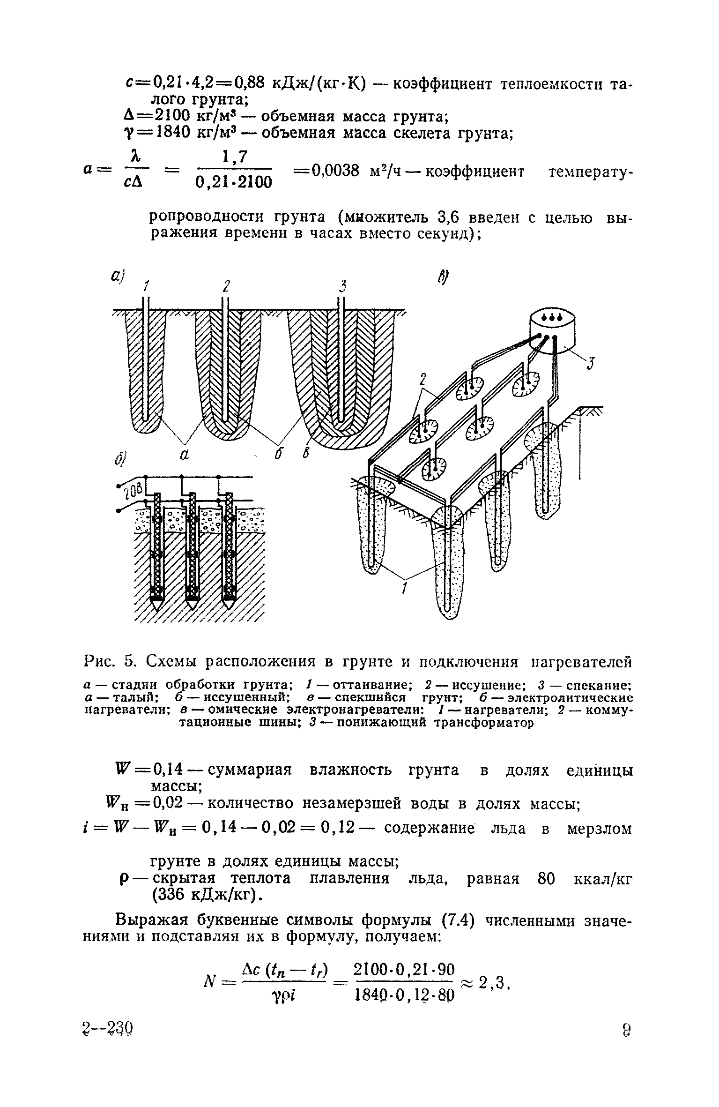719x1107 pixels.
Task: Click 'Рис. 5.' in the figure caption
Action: (x=111, y=663)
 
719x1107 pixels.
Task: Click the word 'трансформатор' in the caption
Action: (x=483, y=723)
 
